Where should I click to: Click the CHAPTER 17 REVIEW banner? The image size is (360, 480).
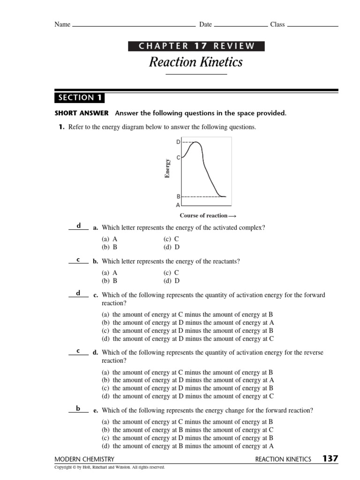(196, 46)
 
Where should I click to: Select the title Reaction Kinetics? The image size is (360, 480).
(196, 62)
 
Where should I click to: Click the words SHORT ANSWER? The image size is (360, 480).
(82, 113)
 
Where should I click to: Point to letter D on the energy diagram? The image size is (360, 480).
(178, 142)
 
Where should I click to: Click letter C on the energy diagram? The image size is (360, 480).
(178, 158)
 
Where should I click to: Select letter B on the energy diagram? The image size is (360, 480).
(178, 197)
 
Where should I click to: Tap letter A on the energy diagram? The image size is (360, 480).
(178, 205)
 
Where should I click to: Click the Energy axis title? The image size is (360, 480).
(167, 169)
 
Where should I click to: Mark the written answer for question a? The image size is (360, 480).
(79, 225)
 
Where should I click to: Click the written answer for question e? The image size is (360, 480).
(78, 408)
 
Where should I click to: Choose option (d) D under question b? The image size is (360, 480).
(172, 281)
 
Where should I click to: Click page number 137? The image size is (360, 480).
(330, 458)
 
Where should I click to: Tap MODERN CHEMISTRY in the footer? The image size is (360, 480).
(84, 459)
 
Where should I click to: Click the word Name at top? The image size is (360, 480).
(62, 24)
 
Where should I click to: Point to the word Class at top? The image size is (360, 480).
(277, 24)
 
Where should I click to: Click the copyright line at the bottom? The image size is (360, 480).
(110, 467)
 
